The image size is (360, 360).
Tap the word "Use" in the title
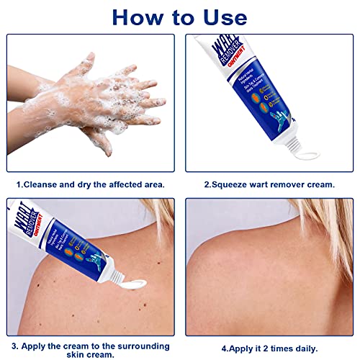[x=222, y=17]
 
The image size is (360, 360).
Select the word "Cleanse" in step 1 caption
[x=44, y=184]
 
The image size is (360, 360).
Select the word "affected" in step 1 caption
[x=125, y=184]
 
